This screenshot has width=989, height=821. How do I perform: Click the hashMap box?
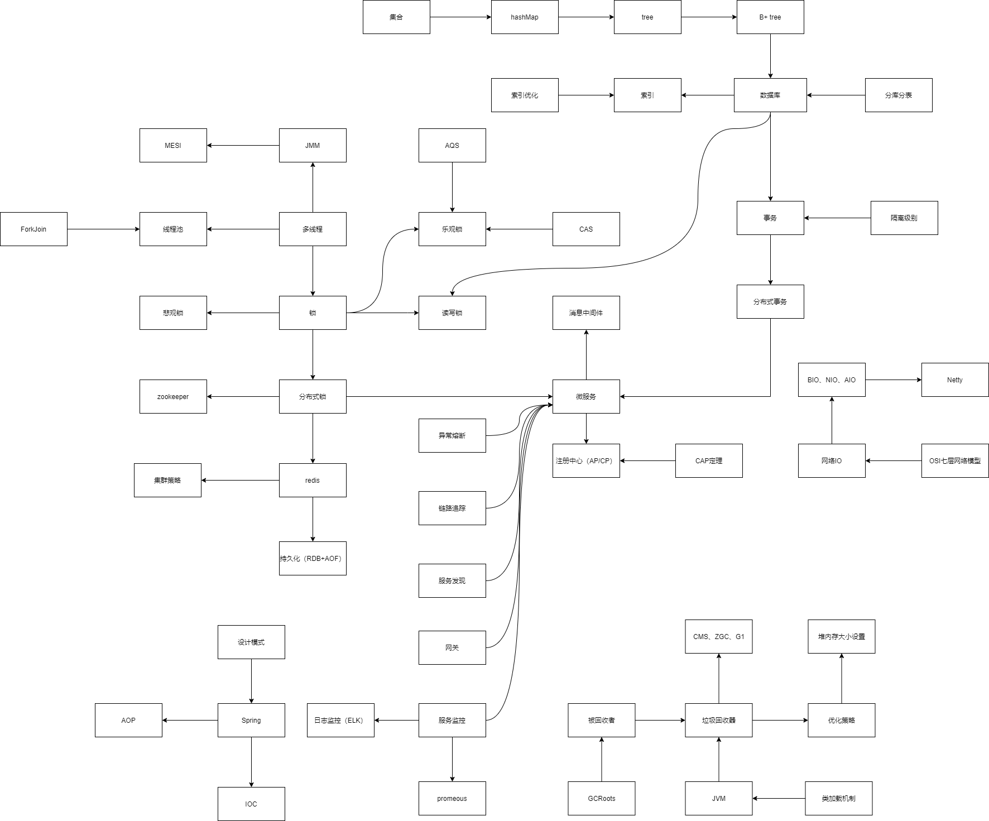(x=525, y=17)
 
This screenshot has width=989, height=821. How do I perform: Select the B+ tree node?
(x=770, y=17)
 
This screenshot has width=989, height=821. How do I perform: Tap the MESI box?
(x=173, y=146)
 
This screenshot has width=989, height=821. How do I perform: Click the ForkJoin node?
(x=33, y=229)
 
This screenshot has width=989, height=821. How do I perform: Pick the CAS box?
(x=586, y=229)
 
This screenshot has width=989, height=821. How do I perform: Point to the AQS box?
(x=452, y=146)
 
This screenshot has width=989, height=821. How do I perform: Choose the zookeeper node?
(x=173, y=397)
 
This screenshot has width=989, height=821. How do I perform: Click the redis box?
(x=313, y=481)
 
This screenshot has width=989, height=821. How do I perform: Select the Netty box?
(x=954, y=380)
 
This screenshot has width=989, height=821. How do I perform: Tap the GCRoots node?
(x=602, y=799)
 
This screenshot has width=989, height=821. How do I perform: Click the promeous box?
(x=452, y=799)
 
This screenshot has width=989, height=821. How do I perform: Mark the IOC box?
(x=251, y=804)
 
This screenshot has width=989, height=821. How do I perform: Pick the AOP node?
(x=128, y=721)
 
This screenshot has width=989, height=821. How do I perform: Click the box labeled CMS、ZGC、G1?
(x=719, y=637)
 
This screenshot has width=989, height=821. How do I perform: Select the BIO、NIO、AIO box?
(x=832, y=380)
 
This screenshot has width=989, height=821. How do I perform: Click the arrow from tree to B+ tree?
(x=709, y=17)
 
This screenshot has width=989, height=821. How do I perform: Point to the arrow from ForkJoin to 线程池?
(x=103, y=229)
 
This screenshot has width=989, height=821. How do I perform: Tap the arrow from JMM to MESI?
(x=243, y=146)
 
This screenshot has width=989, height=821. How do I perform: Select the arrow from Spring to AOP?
(x=190, y=721)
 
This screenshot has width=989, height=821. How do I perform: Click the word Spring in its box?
(x=251, y=721)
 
